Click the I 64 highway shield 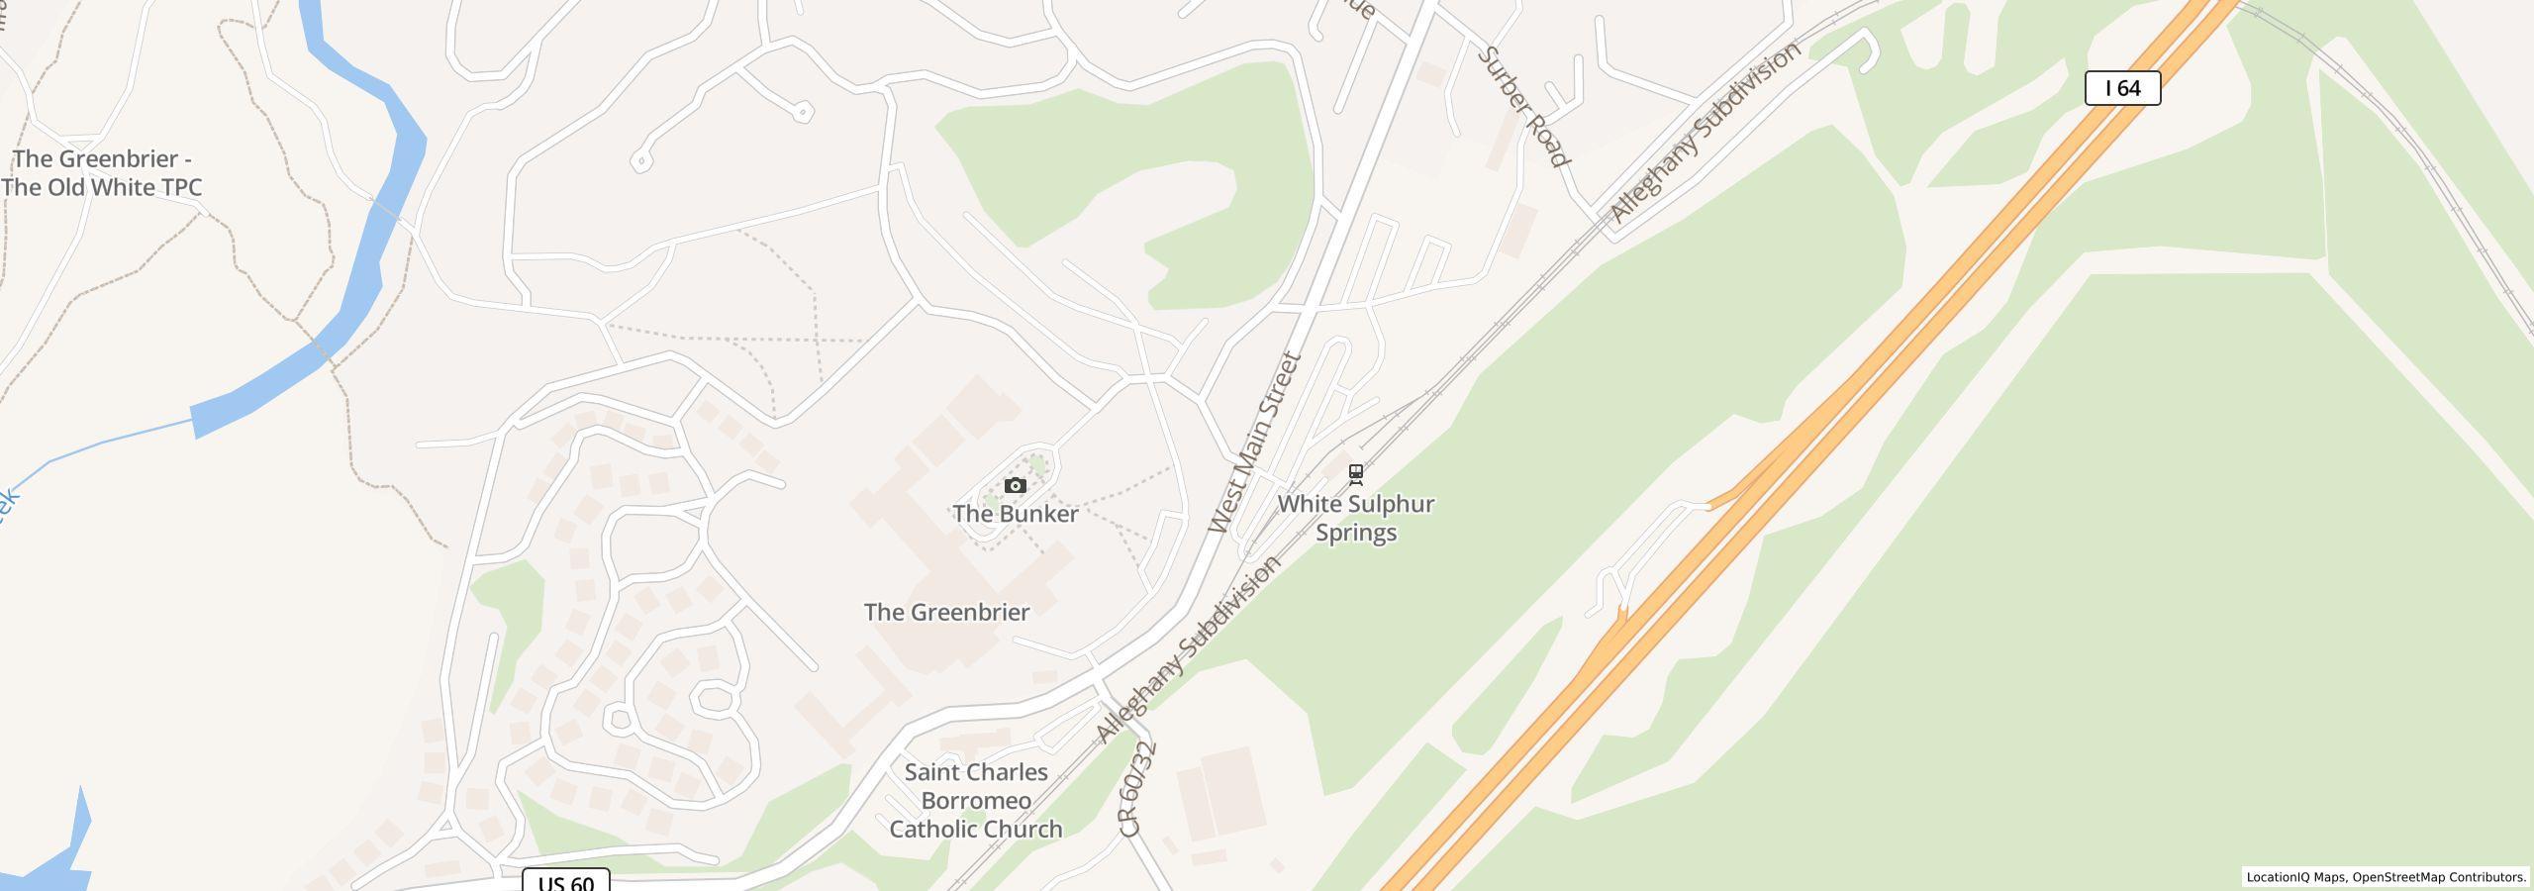click(x=2122, y=88)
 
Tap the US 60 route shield click(x=566, y=881)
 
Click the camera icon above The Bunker click(x=1015, y=485)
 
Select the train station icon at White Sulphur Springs click(x=1356, y=474)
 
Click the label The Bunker click(x=1015, y=514)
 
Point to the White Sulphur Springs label click(x=1355, y=518)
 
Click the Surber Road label click(x=1522, y=107)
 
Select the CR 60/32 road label click(x=1138, y=789)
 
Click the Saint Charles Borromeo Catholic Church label click(x=976, y=800)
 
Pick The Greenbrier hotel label click(x=946, y=612)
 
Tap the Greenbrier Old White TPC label click(x=102, y=173)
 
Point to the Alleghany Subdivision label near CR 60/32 click(x=1188, y=649)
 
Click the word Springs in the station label click(x=1355, y=533)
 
